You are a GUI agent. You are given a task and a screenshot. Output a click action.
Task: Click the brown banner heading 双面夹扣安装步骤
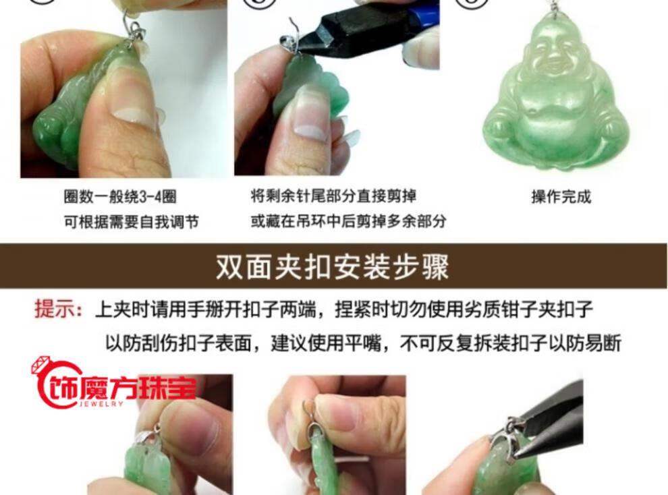point(332,267)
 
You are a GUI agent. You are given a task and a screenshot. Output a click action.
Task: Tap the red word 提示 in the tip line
point(53,309)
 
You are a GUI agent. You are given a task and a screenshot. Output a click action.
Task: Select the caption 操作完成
point(561,197)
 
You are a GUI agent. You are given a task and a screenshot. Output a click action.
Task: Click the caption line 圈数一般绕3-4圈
point(120,197)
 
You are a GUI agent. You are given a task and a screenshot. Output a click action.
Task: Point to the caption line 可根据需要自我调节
point(131,221)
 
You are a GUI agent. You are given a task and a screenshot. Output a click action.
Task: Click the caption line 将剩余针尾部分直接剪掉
point(333,196)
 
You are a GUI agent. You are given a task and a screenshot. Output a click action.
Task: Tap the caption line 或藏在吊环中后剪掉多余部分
point(348,221)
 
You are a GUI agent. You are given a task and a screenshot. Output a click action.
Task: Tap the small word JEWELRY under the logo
point(101,403)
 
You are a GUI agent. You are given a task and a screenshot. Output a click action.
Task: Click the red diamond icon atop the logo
point(41,366)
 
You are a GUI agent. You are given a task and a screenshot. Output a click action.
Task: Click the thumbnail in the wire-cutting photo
point(310,129)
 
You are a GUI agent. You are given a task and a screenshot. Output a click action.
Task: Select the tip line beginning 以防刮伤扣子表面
point(364,343)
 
